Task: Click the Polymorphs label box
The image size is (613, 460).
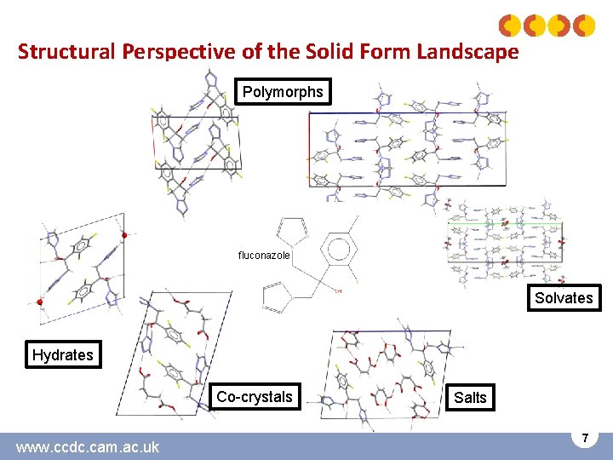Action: tap(283, 92)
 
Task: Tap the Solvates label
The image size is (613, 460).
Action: tap(563, 298)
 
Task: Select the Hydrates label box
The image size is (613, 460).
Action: tap(63, 355)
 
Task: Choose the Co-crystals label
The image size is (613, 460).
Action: tap(254, 397)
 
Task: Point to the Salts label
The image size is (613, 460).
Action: tap(470, 398)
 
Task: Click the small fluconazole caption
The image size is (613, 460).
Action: tap(264, 255)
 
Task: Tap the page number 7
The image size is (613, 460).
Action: tap(585, 438)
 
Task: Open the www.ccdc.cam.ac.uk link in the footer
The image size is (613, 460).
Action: tap(87, 446)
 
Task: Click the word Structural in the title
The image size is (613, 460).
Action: tap(67, 52)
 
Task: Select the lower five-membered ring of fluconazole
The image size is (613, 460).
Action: tap(281, 299)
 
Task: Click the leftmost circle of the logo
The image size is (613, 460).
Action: tap(510, 26)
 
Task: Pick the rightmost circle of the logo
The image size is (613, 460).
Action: tap(583, 26)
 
